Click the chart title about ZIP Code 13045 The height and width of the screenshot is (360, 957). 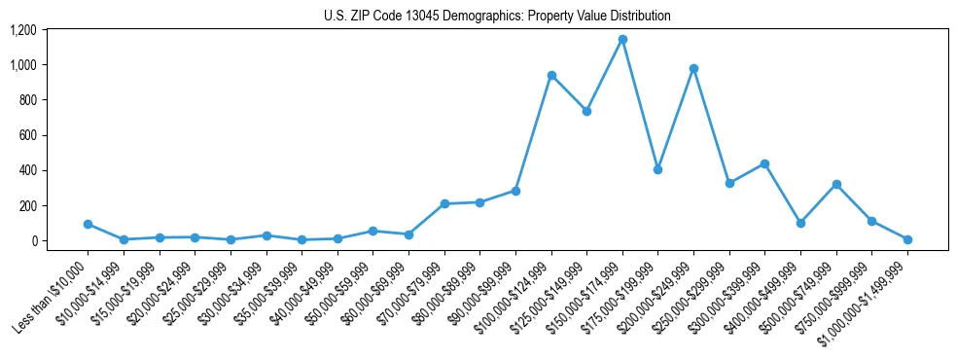[497, 17]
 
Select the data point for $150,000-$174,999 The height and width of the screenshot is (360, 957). [622, 40]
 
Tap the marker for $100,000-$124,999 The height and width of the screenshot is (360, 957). [551, 76]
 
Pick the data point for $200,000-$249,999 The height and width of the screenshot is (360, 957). [693, 69]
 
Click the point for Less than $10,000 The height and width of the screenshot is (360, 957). [88, 224]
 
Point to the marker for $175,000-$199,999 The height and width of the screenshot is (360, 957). [658, 169]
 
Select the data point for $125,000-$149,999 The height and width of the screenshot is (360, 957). [586, 111]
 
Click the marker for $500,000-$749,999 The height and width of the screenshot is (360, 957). [836, 184]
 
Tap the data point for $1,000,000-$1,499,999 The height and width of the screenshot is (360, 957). [907, 239]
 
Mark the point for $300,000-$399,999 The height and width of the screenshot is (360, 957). [765, 163]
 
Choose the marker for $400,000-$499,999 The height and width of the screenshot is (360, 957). [800, 223]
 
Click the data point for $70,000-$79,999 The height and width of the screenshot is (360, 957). [444, 203]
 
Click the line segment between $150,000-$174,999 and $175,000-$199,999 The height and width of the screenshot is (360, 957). [640, 104]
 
